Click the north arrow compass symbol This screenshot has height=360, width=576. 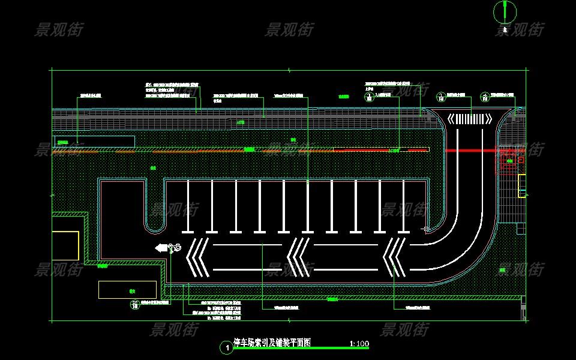pos(505,11)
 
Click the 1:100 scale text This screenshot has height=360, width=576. pos(359,344)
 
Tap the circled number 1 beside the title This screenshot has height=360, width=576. pos(226,347)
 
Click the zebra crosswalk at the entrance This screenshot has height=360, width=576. pos(469,119)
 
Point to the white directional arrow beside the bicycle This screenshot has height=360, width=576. pos(161,247)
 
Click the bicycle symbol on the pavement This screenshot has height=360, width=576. pos(176,247)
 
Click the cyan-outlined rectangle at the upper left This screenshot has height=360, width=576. pos(94,142)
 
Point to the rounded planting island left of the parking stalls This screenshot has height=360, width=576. pos(155,204)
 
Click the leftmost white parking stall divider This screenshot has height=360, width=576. pos(188,206)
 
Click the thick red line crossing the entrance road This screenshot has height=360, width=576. pos(474,150)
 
